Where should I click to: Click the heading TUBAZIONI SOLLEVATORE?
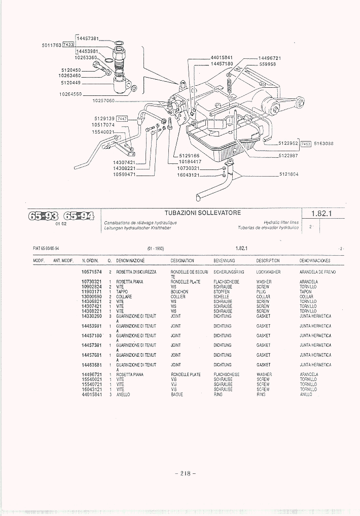[202, 213]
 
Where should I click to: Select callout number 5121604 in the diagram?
[289, 174]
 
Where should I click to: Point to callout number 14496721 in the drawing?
[269, 58]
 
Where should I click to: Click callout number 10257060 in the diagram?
[103, 100]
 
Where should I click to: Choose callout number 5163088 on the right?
[323, 144]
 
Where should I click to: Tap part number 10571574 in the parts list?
[92, 272]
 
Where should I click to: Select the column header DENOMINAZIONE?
[130, 260]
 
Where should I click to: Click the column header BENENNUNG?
[223, 260]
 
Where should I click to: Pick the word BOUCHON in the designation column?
[179, 292]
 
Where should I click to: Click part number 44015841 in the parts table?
[92, 394]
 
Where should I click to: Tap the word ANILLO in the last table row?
[306, 394]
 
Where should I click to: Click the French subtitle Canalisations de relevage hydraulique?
[140, 223]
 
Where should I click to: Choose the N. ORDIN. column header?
[90, 260]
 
